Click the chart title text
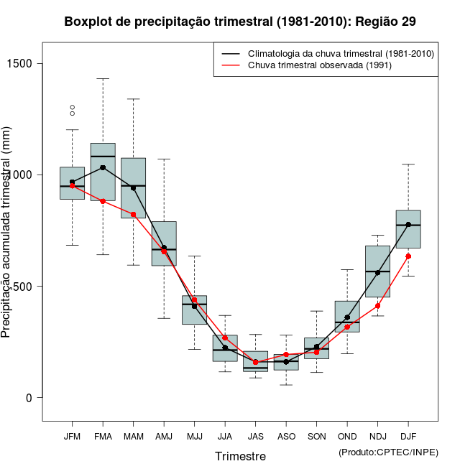[240, 22]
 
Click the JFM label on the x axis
[72, 436]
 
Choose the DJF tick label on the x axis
[408, 436]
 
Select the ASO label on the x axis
[286, 436]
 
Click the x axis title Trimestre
[240, 456]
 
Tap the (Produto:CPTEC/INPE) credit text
[388, 452]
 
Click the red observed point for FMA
[103, 201]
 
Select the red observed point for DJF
[408, 256]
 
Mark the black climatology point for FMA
[103, 167]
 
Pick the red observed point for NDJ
[377, 306]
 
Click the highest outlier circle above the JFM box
[72, 108]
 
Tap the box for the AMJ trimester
[164, 243]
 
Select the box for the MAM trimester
[133, 187]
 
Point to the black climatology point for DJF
[408, 224]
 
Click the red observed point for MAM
[133, 214]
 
